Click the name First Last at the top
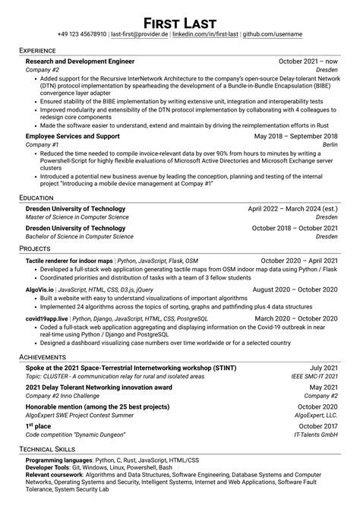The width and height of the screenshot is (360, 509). pyautogui.click(x=180, y=20)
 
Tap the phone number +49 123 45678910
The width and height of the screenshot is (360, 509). pyautogui.click(x=83, y=35)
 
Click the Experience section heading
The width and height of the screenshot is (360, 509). pyautogui.click(x=43, y=50)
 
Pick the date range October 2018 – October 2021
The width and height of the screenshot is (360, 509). pyautogui.click(x=295, y=228)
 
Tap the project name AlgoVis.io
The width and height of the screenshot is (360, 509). pyautogui.click(x=39, y=289)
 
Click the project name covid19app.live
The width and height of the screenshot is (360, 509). pyautogui.click(x=47, y=319)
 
